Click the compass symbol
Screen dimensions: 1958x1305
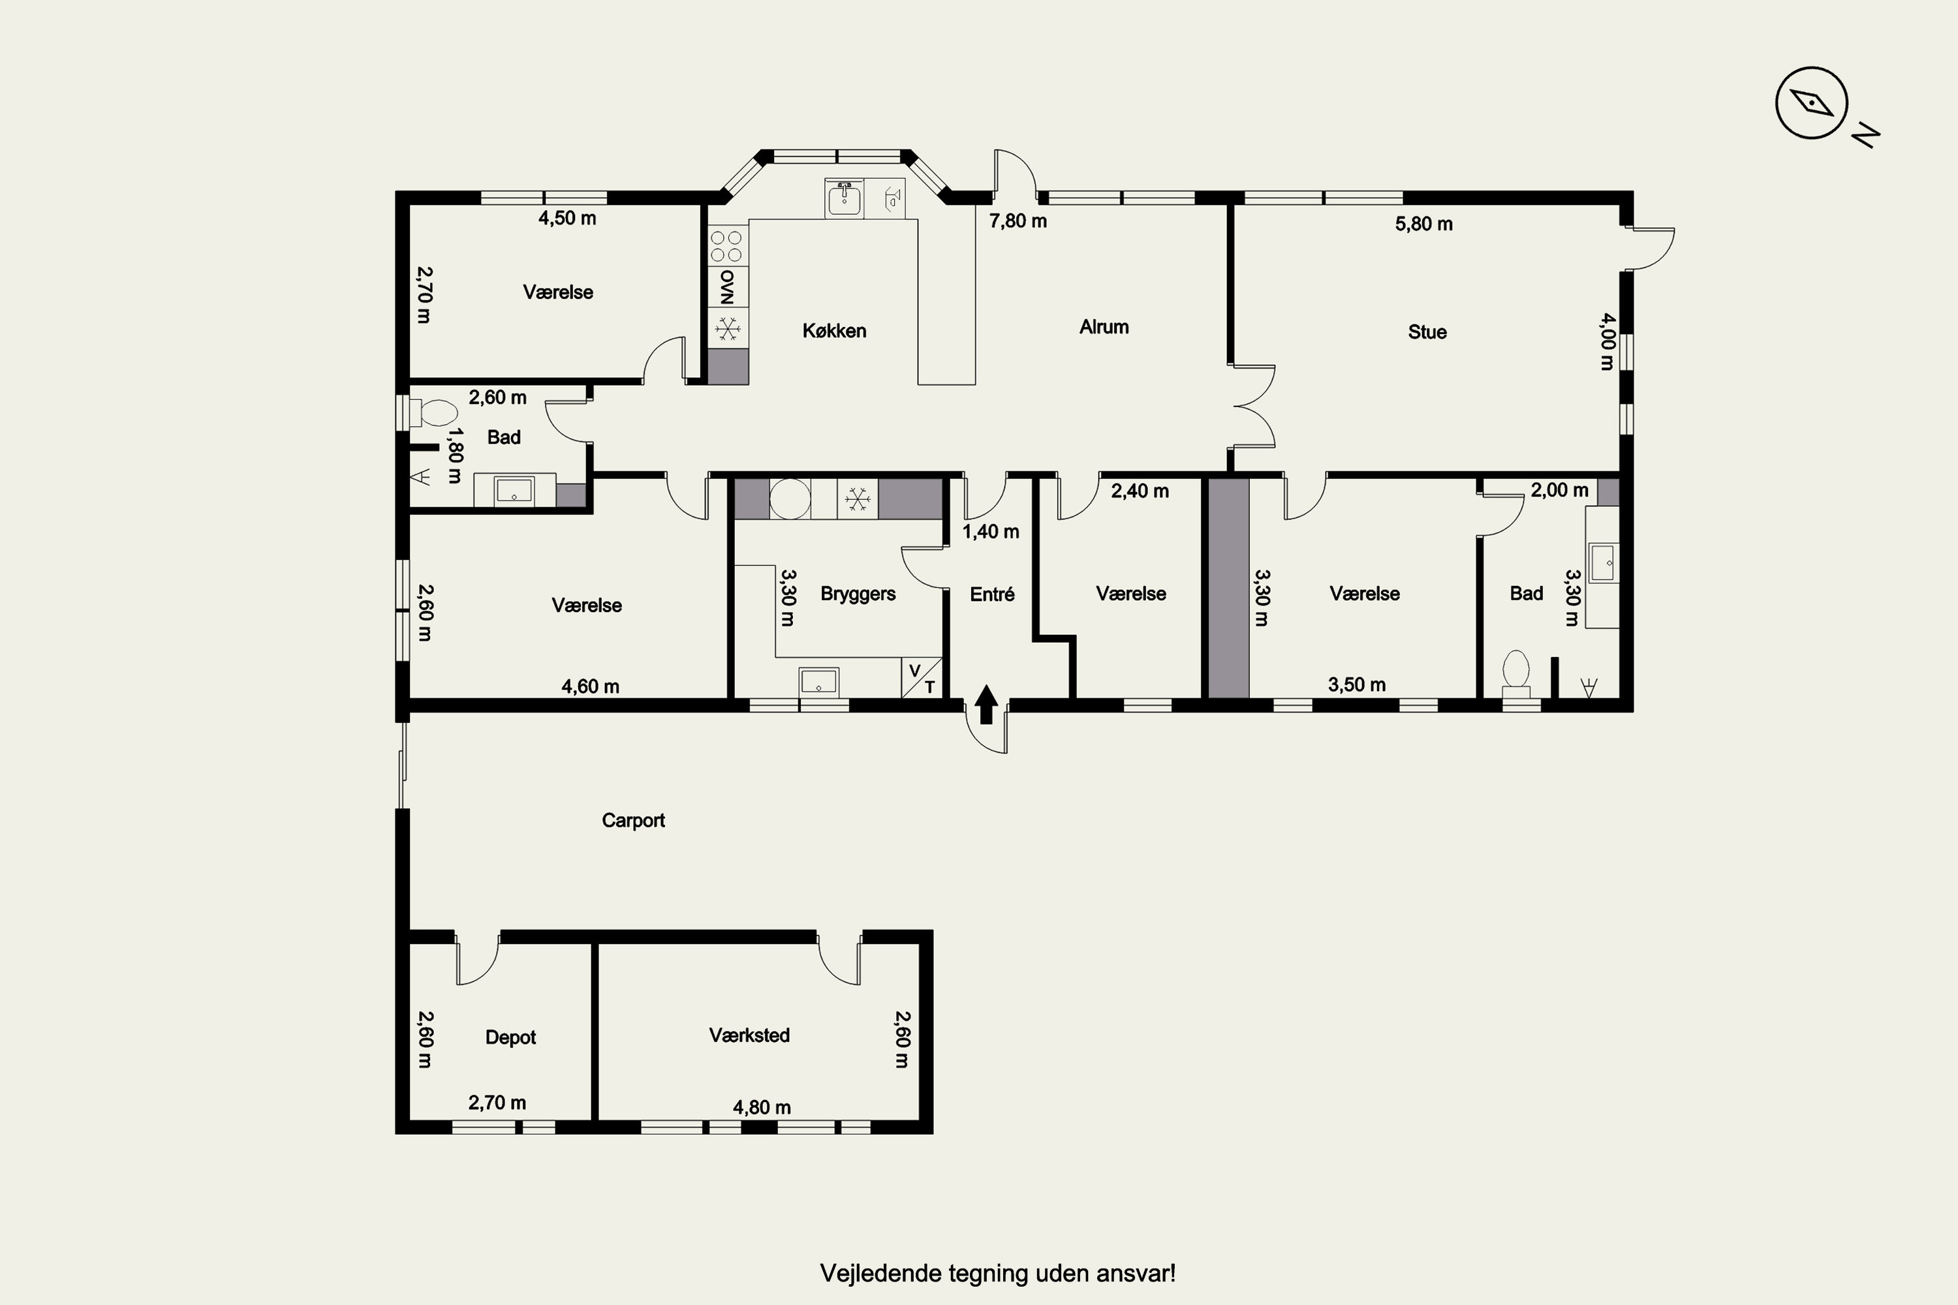[x=1812, y=103]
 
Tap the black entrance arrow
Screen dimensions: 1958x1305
[x=986, y=704]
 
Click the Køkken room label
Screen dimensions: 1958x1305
[x=834, y=330]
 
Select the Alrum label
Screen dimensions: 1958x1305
[x=1104, y=327]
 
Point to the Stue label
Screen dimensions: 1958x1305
[x=1427, y=332]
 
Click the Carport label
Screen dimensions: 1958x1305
[x=632, y=821]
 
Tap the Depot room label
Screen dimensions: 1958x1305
[x=510, y=1037]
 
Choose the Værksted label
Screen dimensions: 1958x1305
[x=749, y=1036]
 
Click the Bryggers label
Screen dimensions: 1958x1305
[x=858, y=593]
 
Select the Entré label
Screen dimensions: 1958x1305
[x=992, y=594]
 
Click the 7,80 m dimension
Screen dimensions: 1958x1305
[x=1018, y=221]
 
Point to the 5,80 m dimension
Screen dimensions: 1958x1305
[x=1423, y=224]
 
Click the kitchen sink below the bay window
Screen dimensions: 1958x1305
[x=844, y=198]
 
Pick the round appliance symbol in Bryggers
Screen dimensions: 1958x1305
[x=789, y=499]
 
